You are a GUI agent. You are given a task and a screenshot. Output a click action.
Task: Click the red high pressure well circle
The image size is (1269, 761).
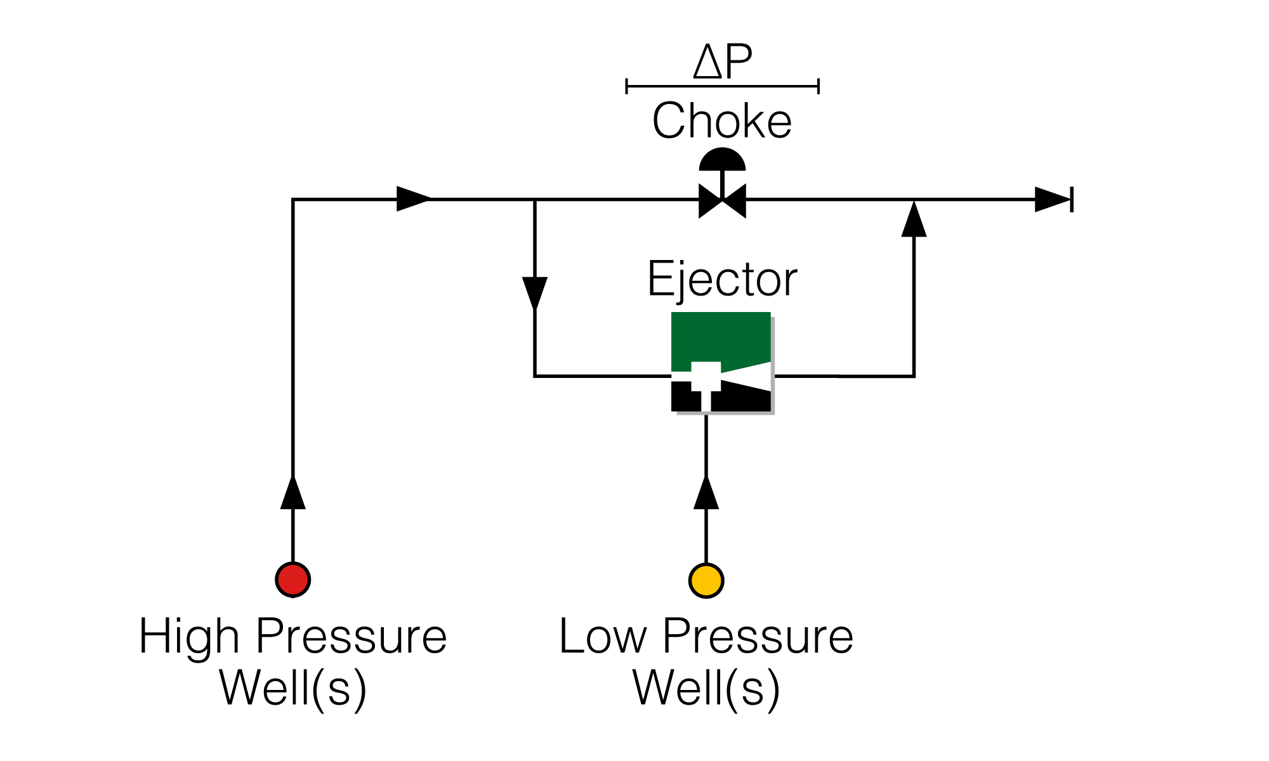tap(293, 580)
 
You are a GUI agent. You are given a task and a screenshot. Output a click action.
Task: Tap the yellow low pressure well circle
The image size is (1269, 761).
tap(706, 580)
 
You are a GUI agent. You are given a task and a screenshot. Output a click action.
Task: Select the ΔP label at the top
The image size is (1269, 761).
tap(723, 62)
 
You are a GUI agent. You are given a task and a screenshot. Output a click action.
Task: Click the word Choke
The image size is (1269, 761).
tap(722, 120)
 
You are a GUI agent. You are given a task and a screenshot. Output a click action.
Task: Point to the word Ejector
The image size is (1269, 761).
tap(722, 279)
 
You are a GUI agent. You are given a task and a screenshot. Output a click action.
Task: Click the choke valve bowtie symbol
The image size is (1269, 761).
tap(722, 201)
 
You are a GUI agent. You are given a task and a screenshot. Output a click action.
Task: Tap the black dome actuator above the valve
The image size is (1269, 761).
tap(722, 159)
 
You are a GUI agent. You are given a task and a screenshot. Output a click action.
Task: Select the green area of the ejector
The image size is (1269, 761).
tap(721, 339)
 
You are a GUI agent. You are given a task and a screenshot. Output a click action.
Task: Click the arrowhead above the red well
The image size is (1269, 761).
tap(293, 491)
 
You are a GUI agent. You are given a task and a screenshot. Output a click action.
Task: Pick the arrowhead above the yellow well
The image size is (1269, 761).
tap(706, 491)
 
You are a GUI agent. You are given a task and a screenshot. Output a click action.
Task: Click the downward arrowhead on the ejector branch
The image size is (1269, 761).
tap(535, 294)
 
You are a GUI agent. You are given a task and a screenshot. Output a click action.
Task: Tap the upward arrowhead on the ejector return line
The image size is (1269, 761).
tap(914, 219)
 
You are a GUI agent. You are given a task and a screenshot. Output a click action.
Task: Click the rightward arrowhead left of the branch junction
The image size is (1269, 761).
tap(414, 198)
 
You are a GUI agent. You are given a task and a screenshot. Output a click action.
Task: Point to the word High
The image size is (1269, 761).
tap(189, 637)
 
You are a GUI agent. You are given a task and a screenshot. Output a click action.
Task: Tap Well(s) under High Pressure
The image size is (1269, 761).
tap(293, 689)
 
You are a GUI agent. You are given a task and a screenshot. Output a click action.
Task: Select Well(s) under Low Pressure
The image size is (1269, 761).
tap(706, 689)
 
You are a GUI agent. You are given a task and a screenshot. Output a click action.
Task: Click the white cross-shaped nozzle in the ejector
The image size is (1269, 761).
tap(706, 380)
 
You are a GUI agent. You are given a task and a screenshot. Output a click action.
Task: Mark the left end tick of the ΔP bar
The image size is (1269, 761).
tap(627, 86)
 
